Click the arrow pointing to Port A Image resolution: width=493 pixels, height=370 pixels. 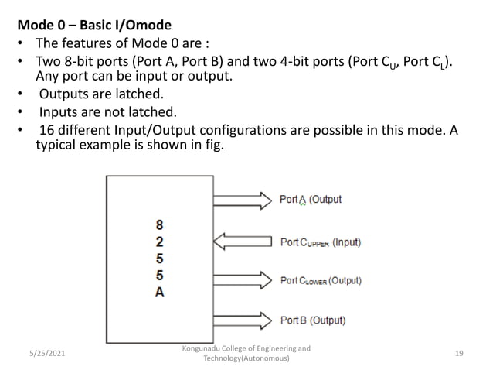pyautogui.click(x=240, y=200)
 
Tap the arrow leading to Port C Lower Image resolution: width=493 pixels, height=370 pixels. pyautogui.click(x=240, y=281)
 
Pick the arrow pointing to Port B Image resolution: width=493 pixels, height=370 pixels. pyautogui.click(x=240, y=320)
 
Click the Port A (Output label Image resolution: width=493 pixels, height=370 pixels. pyautogui.click(x=310, y=200)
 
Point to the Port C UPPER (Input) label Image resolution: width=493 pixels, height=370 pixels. pyautogui.click(x=319, y=242)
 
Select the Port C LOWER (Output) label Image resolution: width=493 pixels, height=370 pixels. pyautogui.click(x=320, y=281)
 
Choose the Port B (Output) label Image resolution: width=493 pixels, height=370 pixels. pyautogui.click(x=312, y=320)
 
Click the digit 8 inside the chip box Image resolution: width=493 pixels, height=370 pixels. pyautogui.click(x=159, y=224)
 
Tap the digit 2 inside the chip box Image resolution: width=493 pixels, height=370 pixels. pyautogui.click(x=159, y=242)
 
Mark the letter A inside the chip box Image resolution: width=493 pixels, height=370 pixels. pyautogui.click(x=159, y=293)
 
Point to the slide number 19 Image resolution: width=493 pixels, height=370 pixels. pyautogui.click(x=459, y=353)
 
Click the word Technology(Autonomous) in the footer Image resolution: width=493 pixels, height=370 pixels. pyautogui.click(x=246, y=359)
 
